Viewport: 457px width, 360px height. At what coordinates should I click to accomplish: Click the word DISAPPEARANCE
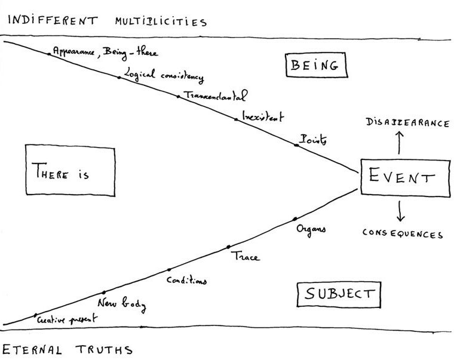(407, 124)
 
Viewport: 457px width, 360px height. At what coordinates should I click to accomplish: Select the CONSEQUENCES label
(403, 234)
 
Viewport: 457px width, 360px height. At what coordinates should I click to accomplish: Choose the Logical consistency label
(163, 76)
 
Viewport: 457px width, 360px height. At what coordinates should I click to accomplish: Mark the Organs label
(311, 229)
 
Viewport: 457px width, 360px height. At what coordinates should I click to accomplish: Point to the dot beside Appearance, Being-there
(49, 54)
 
